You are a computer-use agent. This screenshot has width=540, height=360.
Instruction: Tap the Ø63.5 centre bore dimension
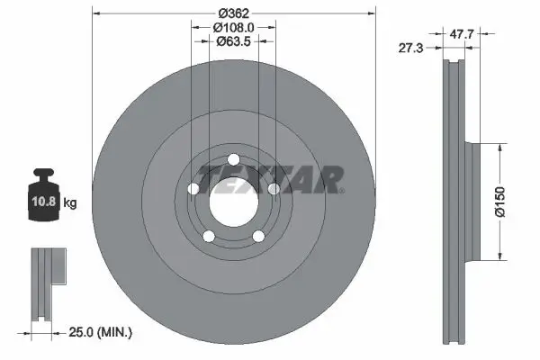pyautogui.click(x=233, y=41)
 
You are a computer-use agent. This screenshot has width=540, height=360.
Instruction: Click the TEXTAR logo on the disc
pyautogui.click(x=269, y=180)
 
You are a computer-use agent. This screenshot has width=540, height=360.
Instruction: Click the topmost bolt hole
pyautogui.click(x=233, y=160)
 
